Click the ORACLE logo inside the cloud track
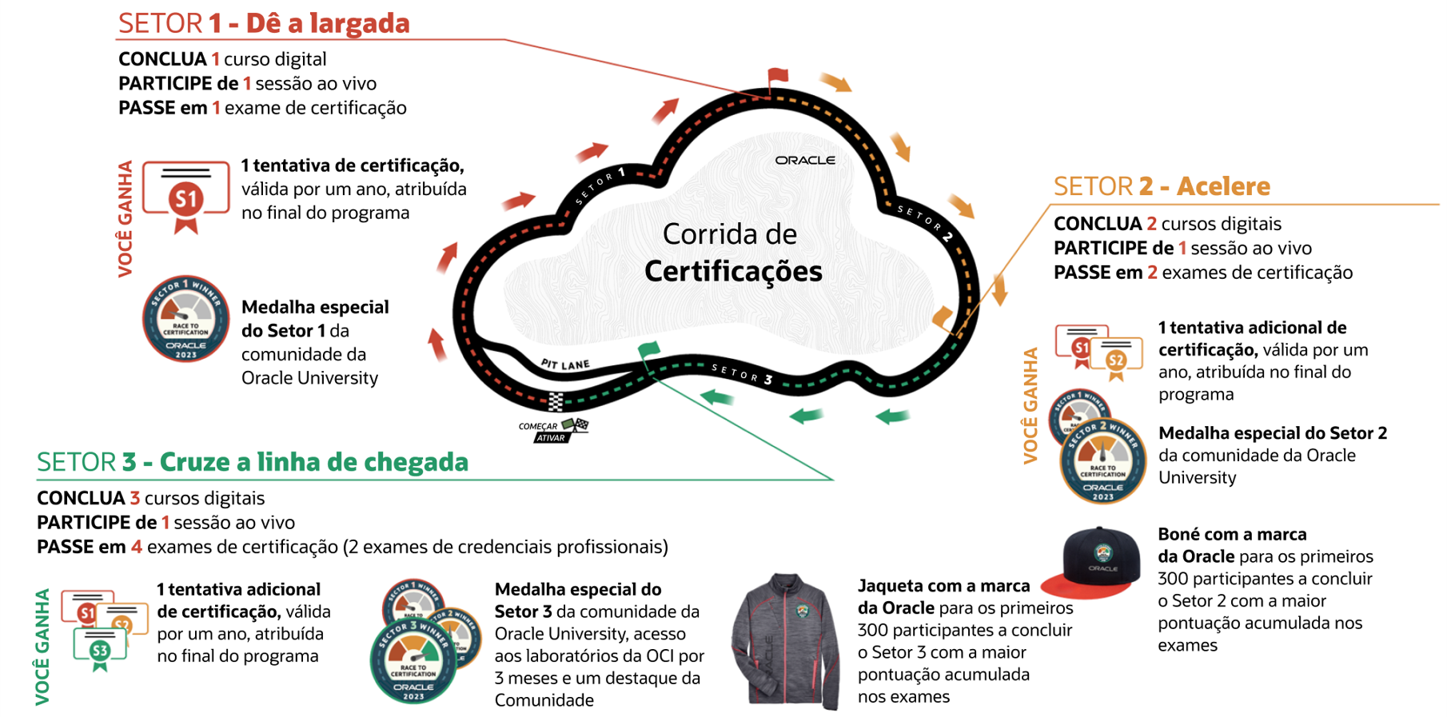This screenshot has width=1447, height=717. point(804,161)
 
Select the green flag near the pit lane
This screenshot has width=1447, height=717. point(648,349)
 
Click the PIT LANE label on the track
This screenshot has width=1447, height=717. point(565,364)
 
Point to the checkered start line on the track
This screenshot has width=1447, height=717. point(556,400)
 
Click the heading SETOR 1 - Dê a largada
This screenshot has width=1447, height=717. point(264,24)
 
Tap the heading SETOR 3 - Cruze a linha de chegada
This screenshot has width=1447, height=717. point(253,462)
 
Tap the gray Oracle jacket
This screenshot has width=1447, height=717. point(787,640)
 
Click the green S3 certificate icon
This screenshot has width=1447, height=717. point(100,648)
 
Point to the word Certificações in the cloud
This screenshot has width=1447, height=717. point(733,272)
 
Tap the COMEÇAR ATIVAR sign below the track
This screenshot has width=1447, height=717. point(552,431)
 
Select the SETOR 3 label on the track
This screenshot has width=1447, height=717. point(742,373)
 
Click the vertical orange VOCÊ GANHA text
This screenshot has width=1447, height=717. point(1030,405)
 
